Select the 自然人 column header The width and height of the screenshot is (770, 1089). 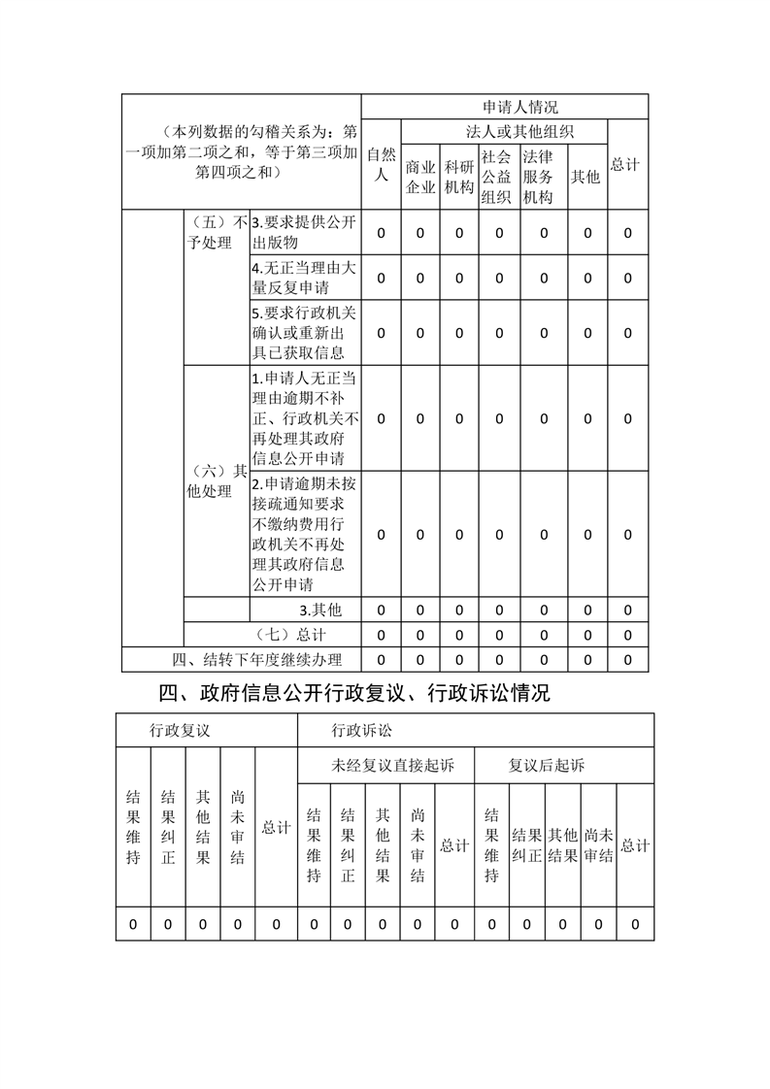click(x=381, y=164)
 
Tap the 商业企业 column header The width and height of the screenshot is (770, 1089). click(x=419, y=176)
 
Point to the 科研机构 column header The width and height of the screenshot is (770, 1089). click(x=458, y=176)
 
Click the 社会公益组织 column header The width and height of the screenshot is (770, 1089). click(x=497, y=176)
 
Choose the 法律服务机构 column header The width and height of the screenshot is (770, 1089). click(x=540, y=176)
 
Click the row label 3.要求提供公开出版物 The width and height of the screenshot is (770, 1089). click(x=303, y=232)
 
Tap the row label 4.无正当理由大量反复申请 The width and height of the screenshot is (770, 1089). click(x=303, y=278)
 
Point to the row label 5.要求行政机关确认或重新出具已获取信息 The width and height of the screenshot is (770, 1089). click(x=303, y=333)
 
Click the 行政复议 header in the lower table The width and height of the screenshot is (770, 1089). click(x=180, y=730)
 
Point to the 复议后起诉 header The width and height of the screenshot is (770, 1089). click(x=547, y=766)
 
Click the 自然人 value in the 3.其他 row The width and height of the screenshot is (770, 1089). click(x=381, y=610)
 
